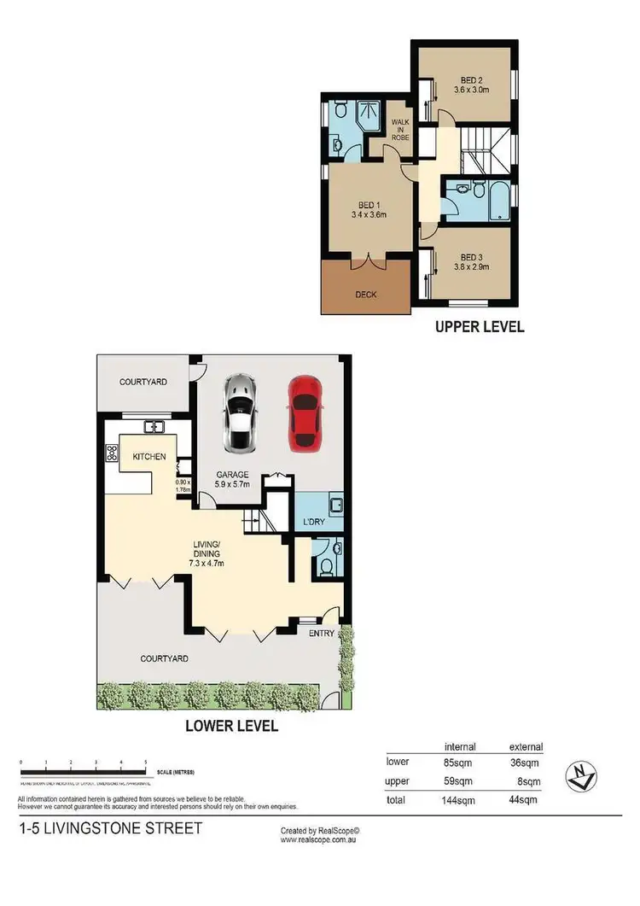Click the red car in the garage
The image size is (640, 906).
(304, 414)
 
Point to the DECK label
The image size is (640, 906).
(365, 295)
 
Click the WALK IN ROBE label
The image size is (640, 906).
(400, 134)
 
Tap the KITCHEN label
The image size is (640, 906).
(148, 457)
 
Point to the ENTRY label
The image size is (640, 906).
(322, 633)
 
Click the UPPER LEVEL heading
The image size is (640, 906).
(480, 326)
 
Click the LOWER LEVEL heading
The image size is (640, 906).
(231, 727)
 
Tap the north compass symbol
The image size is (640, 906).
(581, 777)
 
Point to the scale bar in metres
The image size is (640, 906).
(84, 774)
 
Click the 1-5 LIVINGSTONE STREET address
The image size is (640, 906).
(111, 828)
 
